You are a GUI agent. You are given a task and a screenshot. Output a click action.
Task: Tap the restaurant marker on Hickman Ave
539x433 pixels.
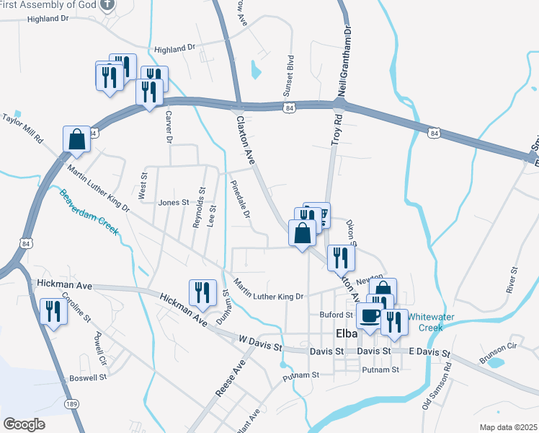pyautogui.click(x=202, y=292)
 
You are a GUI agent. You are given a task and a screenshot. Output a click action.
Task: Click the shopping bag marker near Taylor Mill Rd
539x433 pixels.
pyautogui.click(x=76, y=139)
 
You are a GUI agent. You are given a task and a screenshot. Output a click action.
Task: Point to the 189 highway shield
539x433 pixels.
pyautogui.click(x=70, y=403)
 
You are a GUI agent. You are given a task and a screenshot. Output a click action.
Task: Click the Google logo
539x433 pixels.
pyautogui.click(x=24, y=424)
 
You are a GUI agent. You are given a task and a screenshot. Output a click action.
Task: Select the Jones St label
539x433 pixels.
pyautogui.click(x=173, y=203)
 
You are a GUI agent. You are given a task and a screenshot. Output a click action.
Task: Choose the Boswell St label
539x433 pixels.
pyautogui.click(x=87, y=377)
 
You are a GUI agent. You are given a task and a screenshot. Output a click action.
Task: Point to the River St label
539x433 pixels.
pyautogui.click(x=514, y=279)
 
